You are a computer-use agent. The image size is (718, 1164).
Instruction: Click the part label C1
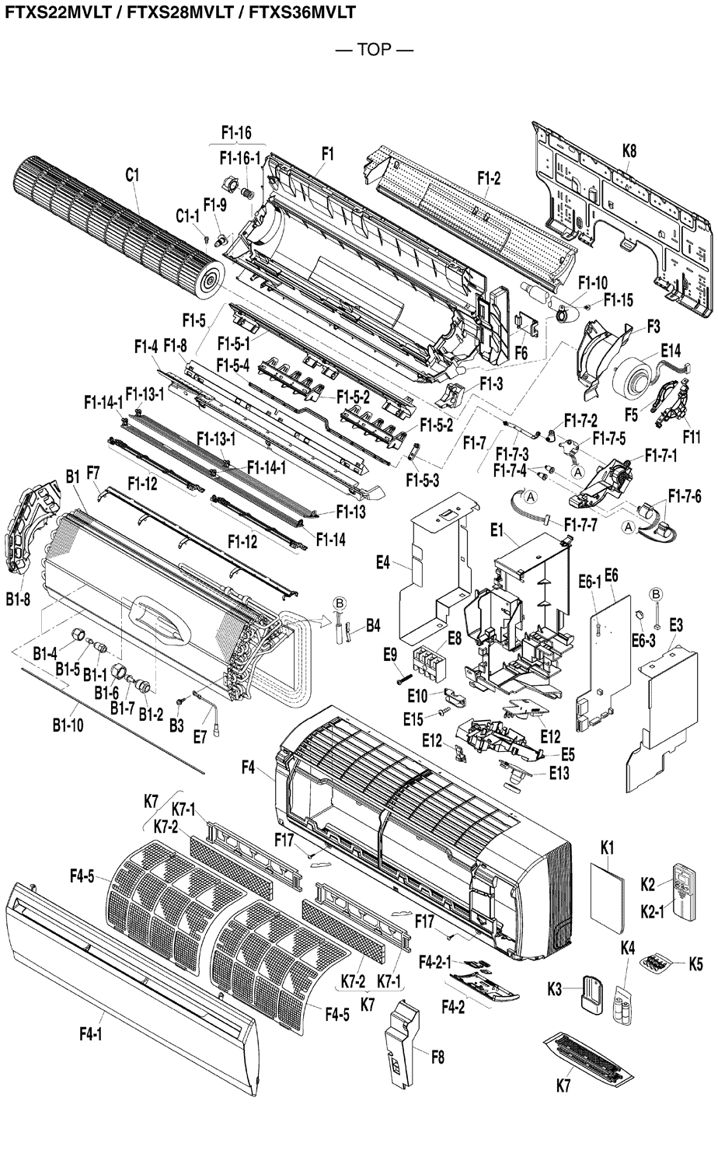pyautogui.click(x=132, y=176)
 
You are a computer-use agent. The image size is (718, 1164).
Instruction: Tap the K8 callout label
pyautogui.click(x=629, y=152)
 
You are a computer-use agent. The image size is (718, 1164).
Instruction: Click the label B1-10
pyautogui.click(x=68, y=725)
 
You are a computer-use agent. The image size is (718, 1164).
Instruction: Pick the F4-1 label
pyautogui.click(x=91, y=1033)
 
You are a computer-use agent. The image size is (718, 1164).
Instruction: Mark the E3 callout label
pyautogui.click(x=675, y=624)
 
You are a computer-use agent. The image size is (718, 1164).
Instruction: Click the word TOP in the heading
pyautogui.click(x=374, y=51)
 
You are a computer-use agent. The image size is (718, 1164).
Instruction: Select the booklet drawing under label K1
pyautogui.click(x=607, y=896)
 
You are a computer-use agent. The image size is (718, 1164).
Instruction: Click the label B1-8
pyautogui.click(x=17, y=599)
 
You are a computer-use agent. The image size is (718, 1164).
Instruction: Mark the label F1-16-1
pyautogui.click(x=239, y=158)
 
